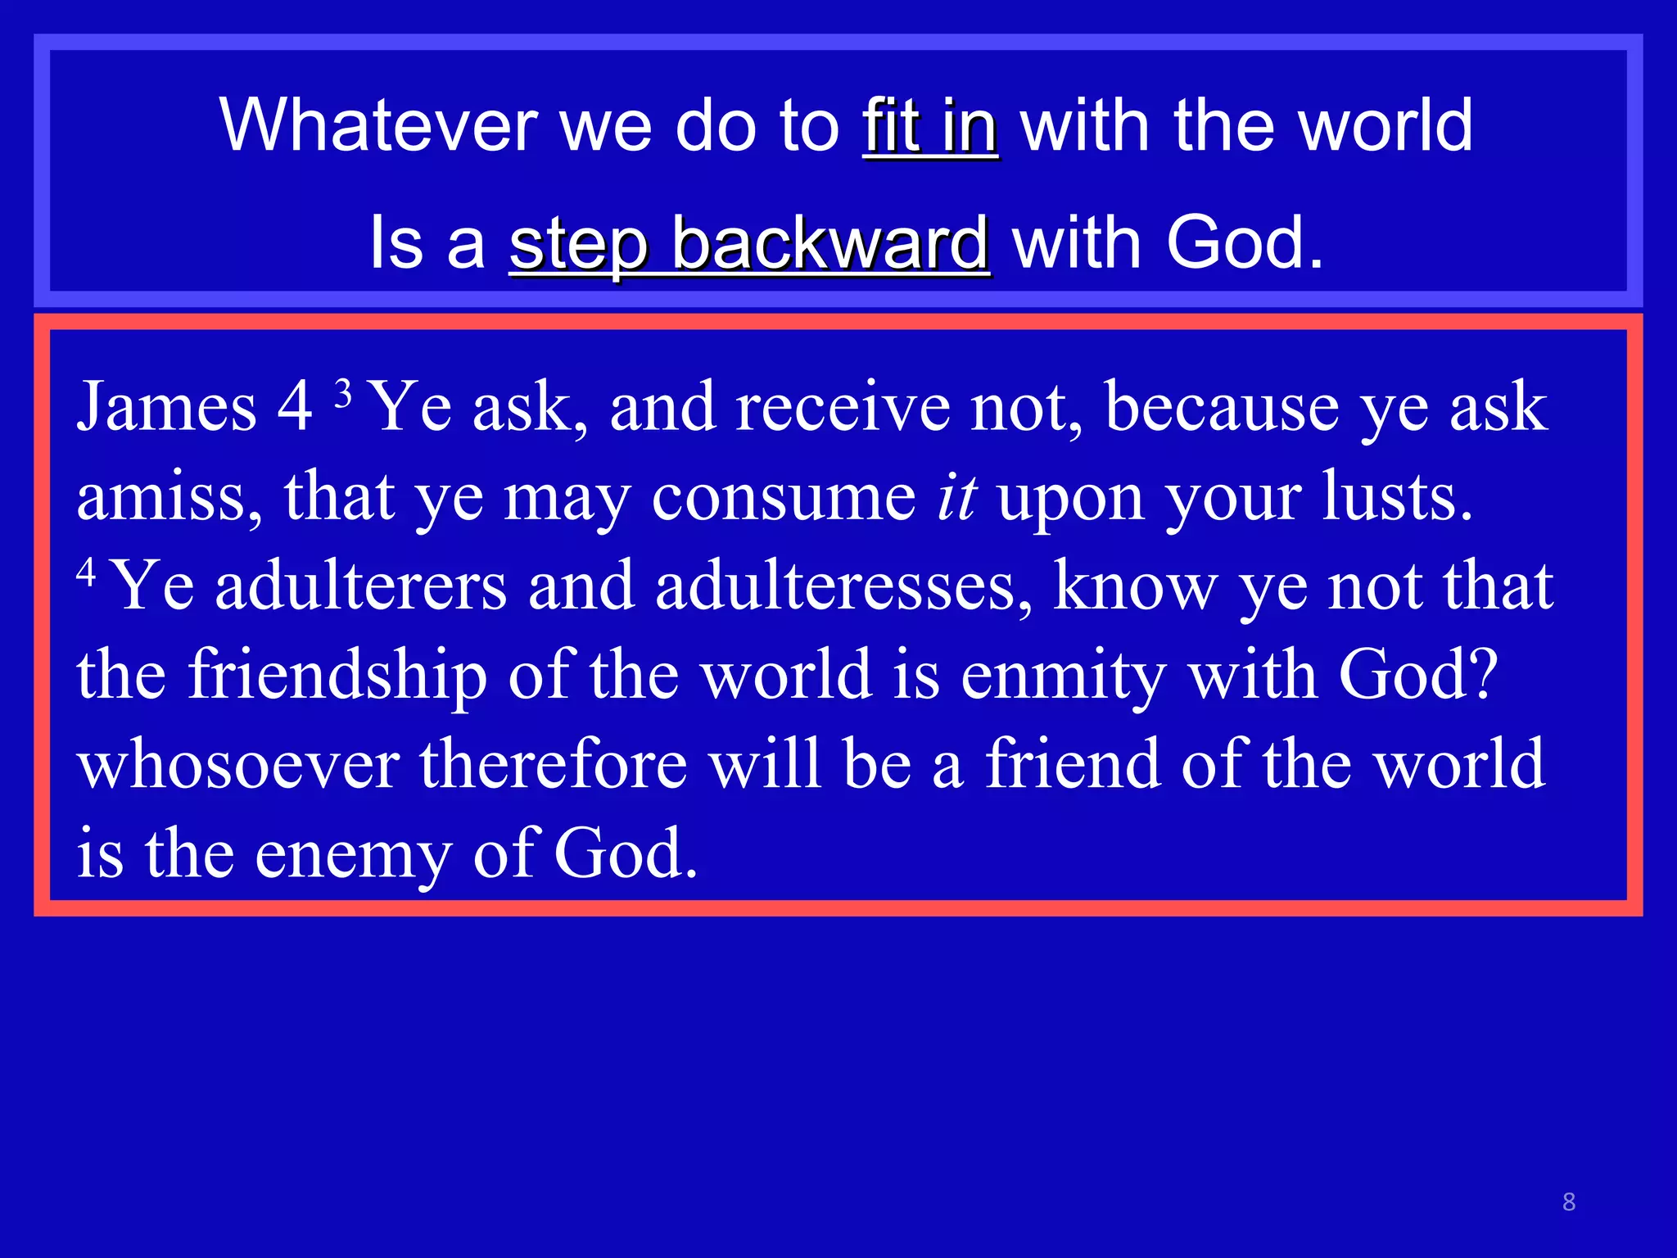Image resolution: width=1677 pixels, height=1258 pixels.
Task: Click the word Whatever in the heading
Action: pos(378,125)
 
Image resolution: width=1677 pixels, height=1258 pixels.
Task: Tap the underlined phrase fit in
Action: pos(929,125)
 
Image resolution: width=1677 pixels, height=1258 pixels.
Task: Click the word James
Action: pos(166,407)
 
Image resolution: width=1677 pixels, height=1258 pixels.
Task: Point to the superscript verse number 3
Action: pos(344,394)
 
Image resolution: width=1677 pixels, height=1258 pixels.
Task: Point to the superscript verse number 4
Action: pos(86,570)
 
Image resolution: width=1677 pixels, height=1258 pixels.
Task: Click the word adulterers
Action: pos(361,586)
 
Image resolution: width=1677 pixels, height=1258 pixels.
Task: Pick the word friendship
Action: pos(337,676)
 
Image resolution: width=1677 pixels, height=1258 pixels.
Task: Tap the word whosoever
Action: pos(238,765)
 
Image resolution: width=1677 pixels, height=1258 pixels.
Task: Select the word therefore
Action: pos(554,765)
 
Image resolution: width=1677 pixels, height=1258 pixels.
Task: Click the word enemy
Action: pos(353,854)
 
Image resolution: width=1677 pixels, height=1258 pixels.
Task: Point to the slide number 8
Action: pos(1569,1201)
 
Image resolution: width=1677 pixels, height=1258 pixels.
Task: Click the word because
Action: pos(1222,407)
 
